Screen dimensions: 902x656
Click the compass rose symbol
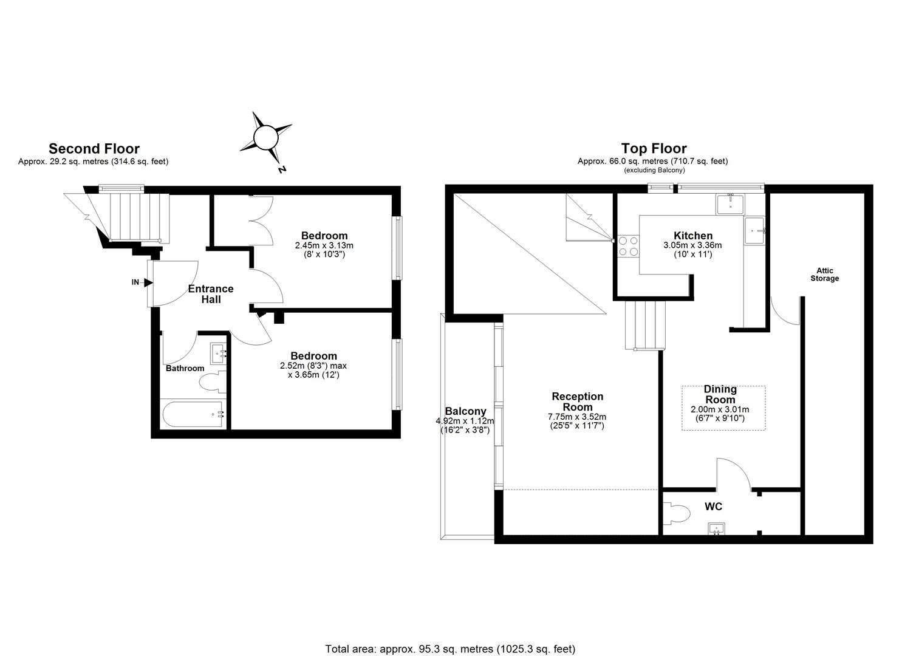(266, 138)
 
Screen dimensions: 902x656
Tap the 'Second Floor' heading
(94, 149)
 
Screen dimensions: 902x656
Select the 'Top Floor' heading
(654, 149)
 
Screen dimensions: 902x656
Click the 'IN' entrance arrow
(148, 282)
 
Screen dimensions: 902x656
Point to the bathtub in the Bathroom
(193, 414)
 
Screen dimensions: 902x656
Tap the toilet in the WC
(676, 513)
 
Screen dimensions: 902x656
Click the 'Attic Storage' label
(825, 274)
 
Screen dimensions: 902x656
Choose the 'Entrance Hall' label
(211, 294)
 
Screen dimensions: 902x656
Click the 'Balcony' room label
(465, 411)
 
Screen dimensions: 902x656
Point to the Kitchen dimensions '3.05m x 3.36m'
(692, 245)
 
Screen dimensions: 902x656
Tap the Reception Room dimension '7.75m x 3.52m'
(577, 417)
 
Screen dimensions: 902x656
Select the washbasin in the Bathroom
(218, 354)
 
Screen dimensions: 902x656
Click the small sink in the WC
(716, 528)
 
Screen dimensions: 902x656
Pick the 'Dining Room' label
(720, 394)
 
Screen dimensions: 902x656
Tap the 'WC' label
(713, 507)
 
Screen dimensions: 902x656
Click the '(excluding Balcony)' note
(654, 170)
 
